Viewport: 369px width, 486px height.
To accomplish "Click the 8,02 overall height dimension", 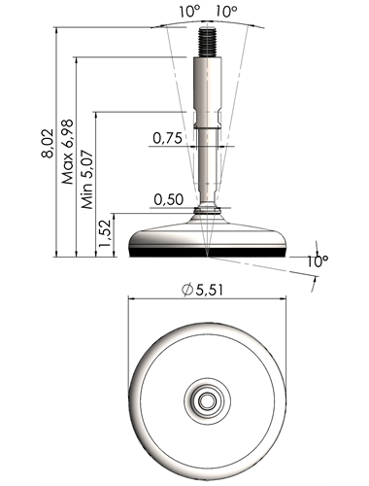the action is click(x=48, y=144).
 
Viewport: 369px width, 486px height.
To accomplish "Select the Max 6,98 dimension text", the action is click(x=68, y=152).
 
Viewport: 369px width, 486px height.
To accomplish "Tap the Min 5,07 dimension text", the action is click(x=87, y=179).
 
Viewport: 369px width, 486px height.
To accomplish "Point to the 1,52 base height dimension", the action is click(x=106, y=232).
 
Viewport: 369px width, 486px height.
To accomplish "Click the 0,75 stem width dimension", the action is click(x=167, y=138).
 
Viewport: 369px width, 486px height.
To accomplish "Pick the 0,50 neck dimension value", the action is click(x=169, y=200).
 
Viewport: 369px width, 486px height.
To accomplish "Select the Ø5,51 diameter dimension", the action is click(x=202, y=290).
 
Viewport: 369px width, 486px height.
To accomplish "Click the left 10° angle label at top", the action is click(x=189, y=12).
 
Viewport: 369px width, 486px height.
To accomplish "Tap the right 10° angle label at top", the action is click(x=226, y=12).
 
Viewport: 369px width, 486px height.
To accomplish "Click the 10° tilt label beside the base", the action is click(x=318, y=261).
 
